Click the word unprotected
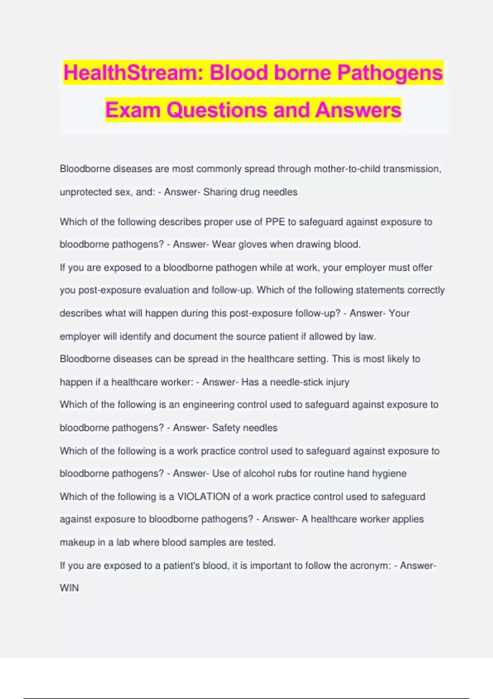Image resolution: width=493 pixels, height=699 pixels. [x=86, y=192]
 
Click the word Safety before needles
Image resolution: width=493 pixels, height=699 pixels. [x=226, y=428]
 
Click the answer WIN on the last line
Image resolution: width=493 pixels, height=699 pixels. [x=69, y=588]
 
